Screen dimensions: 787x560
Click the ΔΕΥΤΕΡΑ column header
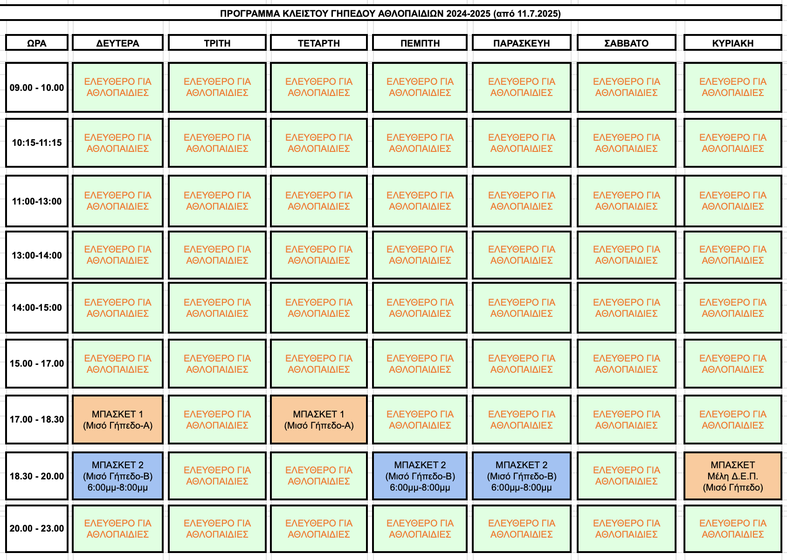pyautogui.click(x=117, y=43)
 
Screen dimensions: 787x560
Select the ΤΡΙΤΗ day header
pyautogui.click(x=217, y=43)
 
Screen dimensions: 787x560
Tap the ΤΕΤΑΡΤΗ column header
pyautogui.click(x=318, y=43)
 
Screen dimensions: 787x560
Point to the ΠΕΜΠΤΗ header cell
pyautogui.click(x=420, y=43)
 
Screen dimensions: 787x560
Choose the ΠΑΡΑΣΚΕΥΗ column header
pyautogui.click(x=521, y=43)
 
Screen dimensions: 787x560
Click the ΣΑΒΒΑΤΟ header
pyautogui.click(x=627, y=43)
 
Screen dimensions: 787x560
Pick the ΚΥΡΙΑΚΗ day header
pyautogui.click(x=733, y=43)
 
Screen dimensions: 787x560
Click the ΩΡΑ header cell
pyautogui.click(x=37, y=43)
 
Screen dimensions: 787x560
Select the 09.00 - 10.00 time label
pyautogui.click(x=37, y=88)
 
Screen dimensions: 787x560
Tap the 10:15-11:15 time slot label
pyautogui.click(x=37, y=143)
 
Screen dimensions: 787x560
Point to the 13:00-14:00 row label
pyautogui.click(x=37, y=255)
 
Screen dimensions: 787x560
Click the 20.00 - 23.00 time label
pyautogui.click(x=37, y=528)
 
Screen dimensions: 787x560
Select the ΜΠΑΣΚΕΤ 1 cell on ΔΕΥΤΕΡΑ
pyautogui.click(x=117, y=420)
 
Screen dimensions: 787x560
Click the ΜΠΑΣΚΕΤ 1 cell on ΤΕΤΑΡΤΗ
pyautogui.click(x=318, y=420)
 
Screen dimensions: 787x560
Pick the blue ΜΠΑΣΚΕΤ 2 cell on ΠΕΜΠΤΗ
pyautogui.click(x=420, y=476)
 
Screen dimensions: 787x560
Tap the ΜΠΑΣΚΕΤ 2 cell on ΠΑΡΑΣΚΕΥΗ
pyautogui.click(x=521, y=476)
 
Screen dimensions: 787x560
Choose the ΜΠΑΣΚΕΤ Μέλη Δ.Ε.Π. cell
pyautogui.click(x=733, y=476)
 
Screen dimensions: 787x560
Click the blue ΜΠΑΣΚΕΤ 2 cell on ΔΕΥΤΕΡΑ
pyautogui.click(x=117, y=476)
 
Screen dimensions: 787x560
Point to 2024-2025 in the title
pyautogui.click(x=469, y=14)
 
